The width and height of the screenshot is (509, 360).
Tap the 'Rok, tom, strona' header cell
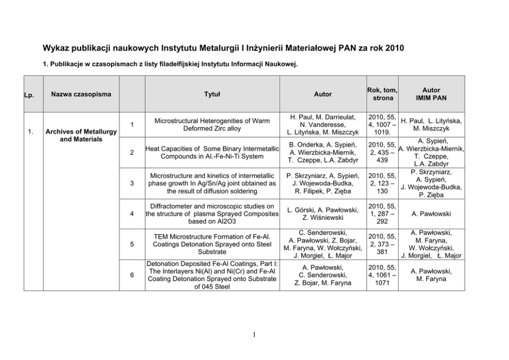[x=382, y=94]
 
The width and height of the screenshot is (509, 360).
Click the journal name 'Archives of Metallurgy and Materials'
[x=81, y=136]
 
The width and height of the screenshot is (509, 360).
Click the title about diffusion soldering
[x=212, y=183]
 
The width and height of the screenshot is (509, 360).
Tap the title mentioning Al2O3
[x=212, y=214]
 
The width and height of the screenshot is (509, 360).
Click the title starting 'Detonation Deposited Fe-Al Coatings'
[x=212, y=275]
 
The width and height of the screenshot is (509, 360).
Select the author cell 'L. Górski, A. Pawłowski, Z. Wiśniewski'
[x=323, y=214]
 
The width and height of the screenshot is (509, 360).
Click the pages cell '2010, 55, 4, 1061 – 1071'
[x=382, y=275]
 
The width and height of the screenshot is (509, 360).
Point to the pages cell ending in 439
[x=382, y=153]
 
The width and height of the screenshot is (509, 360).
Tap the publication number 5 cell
[x=132, y=244]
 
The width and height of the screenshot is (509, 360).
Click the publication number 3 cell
[x=132, y=183]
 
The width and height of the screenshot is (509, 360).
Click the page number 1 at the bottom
[x=254, y=336]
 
